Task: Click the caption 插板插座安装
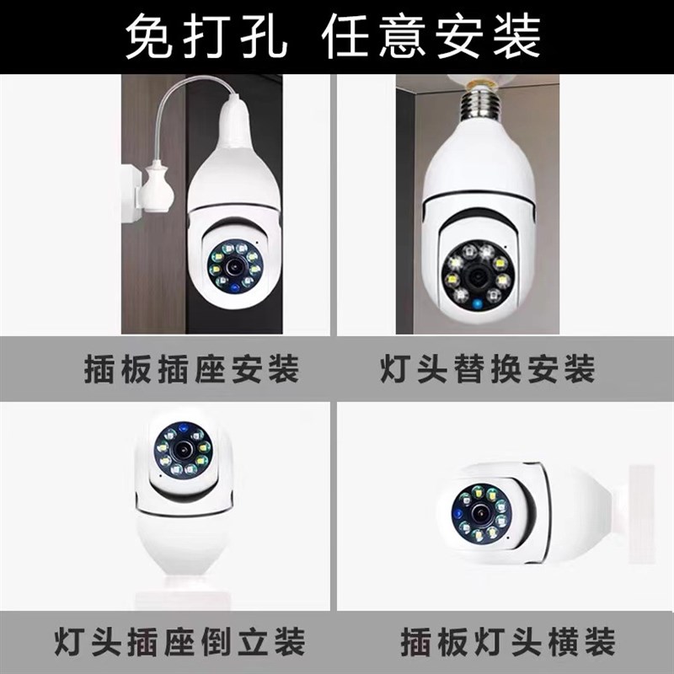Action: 192,370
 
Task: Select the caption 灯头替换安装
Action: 486,370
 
